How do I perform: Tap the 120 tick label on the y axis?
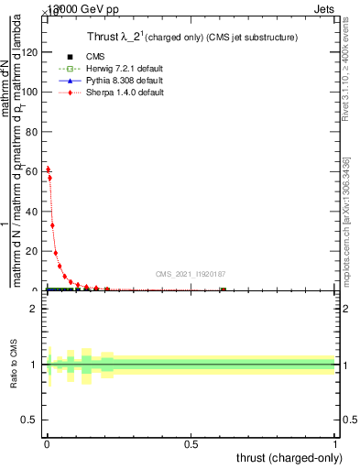[x=30, y=52]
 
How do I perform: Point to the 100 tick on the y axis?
[x=30, y=92]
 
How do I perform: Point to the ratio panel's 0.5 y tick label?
[x=31, y=423]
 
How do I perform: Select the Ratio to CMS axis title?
[x=14, y=365]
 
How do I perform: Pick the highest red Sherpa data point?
[x=48, y=169]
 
